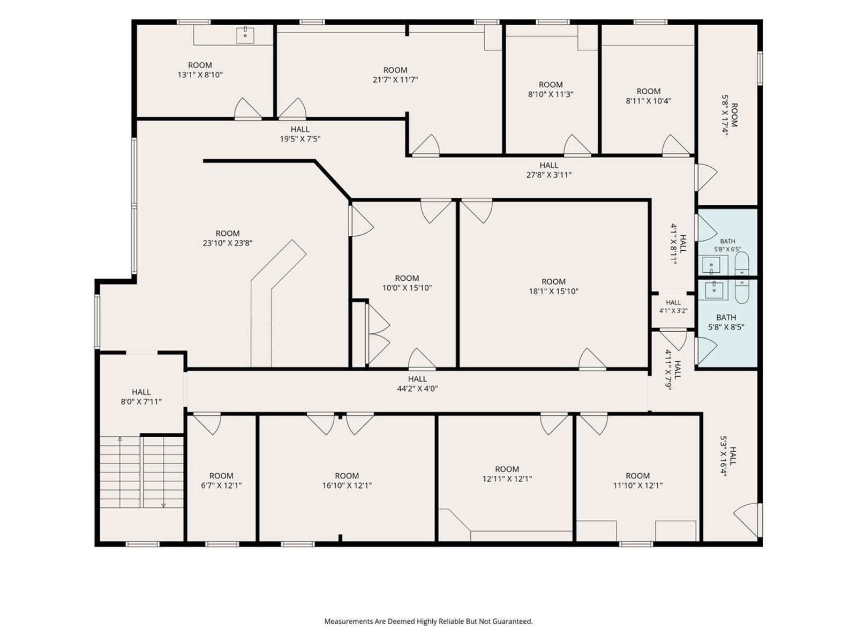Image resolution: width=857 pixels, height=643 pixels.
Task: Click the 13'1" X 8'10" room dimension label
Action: coord(200,75)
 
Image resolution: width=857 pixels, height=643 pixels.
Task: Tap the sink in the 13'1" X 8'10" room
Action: coord(245,35)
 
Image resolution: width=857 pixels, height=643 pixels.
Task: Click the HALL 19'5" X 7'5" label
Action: coord(300,134)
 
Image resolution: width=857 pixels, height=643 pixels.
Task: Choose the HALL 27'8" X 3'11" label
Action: coord(549,170)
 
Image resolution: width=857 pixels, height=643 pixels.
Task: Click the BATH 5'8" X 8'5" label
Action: coord(726,322)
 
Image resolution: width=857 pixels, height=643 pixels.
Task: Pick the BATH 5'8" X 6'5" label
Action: coord(728,245)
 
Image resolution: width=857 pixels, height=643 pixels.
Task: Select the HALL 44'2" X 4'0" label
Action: coord(417,383)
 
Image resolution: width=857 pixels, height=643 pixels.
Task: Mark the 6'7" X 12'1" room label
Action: coord(221,481)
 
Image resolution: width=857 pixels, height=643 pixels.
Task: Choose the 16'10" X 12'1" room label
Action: coord(347,481)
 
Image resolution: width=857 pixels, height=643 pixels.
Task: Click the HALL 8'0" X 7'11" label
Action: coord(141,397)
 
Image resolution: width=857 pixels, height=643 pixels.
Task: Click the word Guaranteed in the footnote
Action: coord(512,621)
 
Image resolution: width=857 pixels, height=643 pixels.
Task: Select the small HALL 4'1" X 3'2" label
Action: coord(673,306)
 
